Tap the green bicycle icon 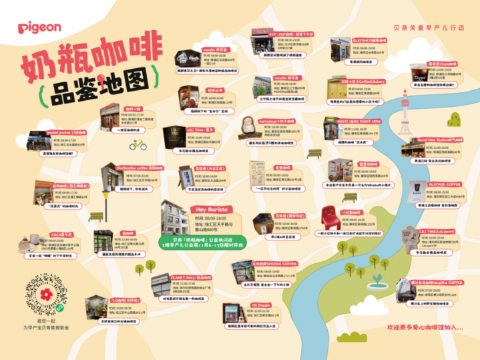139,145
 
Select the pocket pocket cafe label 67,132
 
